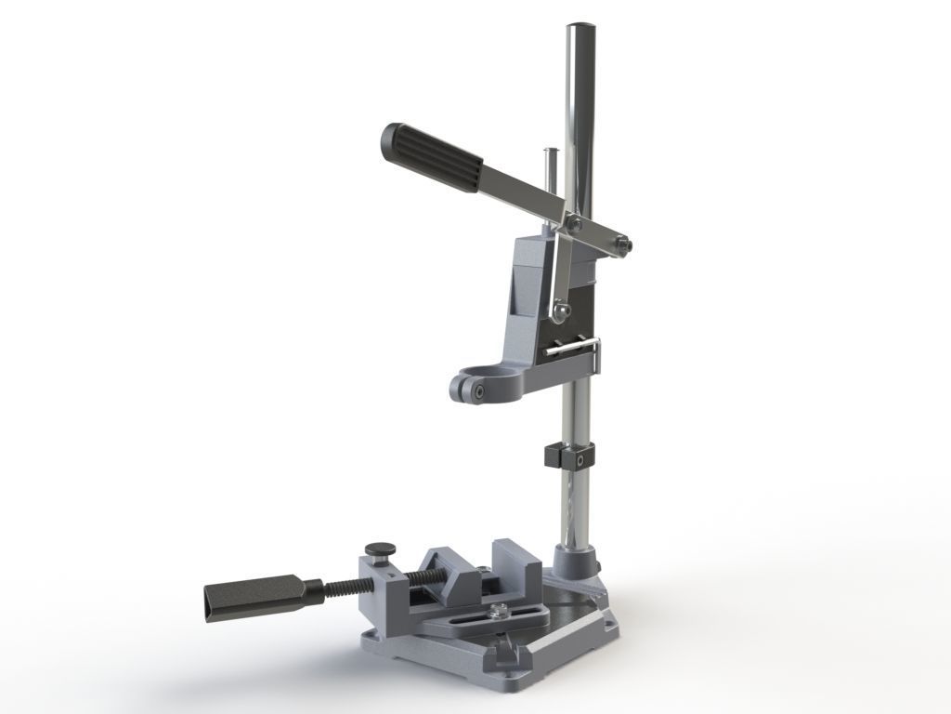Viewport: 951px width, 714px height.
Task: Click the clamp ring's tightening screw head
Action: click(x=475, y=393)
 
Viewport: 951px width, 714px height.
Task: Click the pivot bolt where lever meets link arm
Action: click(x=577, y=222)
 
